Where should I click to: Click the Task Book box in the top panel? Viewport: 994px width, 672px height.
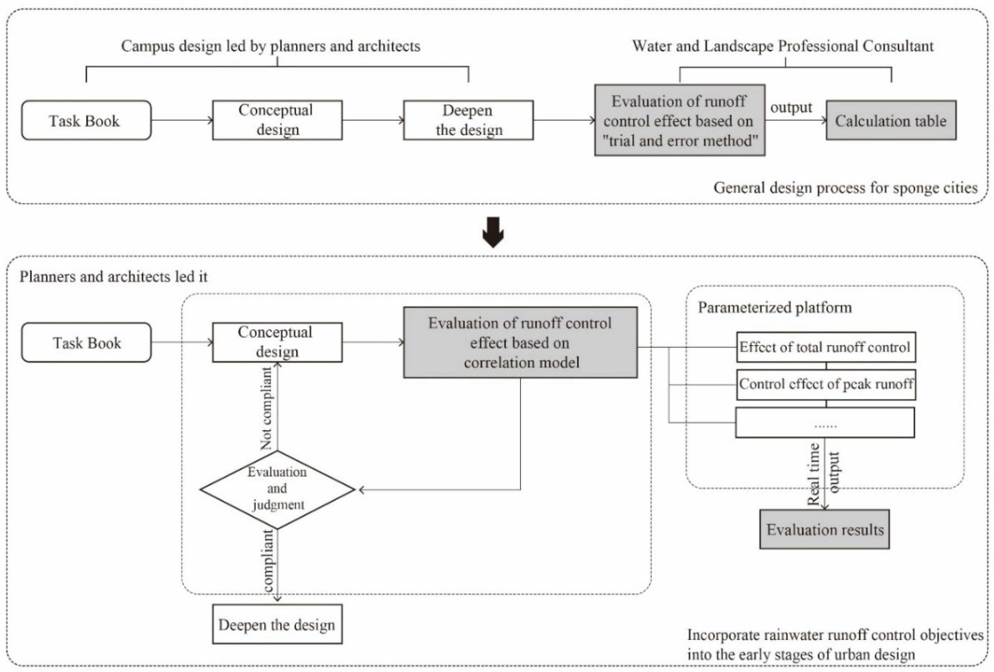coord(86,120)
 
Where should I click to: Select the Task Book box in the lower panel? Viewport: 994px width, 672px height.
coord(86,342)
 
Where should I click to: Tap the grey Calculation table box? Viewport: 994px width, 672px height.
coord(891,120)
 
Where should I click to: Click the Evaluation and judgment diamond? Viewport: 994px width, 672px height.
coord(277,489)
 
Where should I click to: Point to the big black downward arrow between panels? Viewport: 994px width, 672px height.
coord(493,232)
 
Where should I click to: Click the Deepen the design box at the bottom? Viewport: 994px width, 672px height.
coord(277,624)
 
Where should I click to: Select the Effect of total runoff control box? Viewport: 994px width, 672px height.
coord(826,347)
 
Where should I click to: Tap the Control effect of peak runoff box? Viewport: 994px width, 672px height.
coord(826,384)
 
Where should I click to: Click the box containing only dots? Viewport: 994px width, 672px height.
coord(825,422)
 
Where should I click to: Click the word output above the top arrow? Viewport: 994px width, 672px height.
coord(791,107)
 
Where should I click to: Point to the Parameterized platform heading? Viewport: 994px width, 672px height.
coord(775,307)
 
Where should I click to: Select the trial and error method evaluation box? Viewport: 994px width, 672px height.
coord(679,120)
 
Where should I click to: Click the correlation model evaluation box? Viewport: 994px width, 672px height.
coord(520,342)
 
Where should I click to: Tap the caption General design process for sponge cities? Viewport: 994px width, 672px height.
coord(845,187)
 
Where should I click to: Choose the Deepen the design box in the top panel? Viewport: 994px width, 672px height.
coord(468,120)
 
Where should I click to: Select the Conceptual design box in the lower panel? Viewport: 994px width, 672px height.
coord(277,342)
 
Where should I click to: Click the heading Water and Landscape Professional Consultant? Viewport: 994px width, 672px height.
coord(782,46)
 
